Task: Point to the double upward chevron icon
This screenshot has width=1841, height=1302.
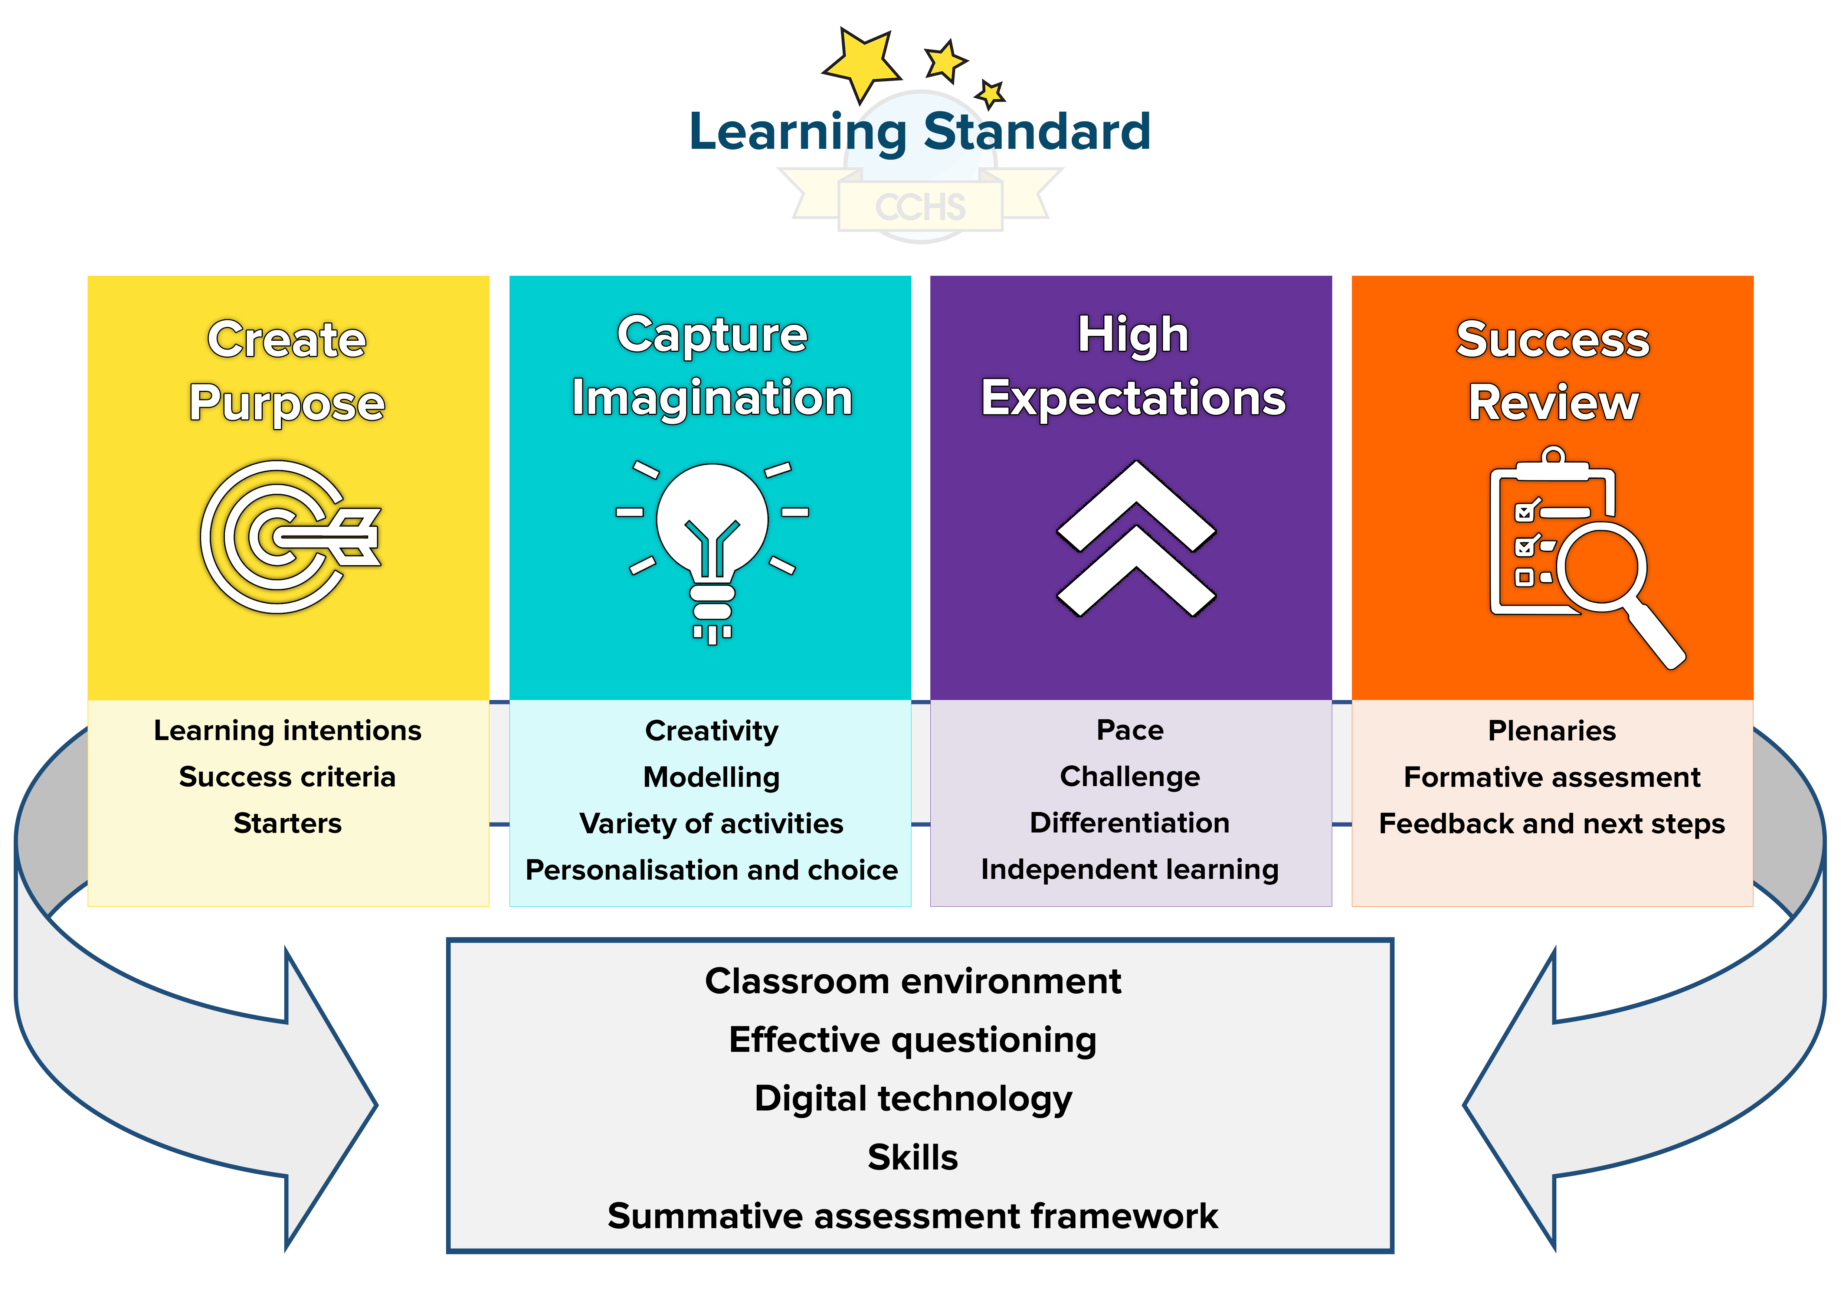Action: (1136, 539)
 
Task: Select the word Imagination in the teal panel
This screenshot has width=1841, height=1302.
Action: (712, 399)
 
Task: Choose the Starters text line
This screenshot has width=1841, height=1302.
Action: (287, 823)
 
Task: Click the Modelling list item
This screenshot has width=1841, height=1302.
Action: (711, 777)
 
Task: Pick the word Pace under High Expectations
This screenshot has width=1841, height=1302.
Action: (1130, 730)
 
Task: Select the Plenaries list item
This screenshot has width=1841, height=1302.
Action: (1552, 730)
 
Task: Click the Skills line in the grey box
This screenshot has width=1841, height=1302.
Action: (913, 1157)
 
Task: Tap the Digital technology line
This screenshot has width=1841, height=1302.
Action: (913, 1098)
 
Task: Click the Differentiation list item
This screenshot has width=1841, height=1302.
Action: (1130, 822)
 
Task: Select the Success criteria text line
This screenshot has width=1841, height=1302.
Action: (287, 777)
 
